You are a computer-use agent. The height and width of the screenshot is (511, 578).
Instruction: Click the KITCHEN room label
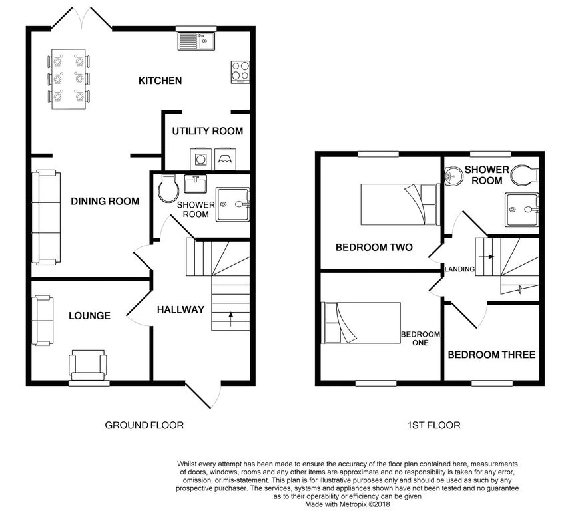160,81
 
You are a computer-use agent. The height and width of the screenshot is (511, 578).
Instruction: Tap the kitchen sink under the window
194,42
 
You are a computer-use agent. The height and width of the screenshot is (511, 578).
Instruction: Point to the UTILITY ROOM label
207,131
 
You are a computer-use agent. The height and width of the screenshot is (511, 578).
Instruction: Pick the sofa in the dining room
46,217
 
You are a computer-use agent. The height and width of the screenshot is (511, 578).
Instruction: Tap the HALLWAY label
180,309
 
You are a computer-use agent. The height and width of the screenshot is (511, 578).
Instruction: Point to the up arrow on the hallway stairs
230,316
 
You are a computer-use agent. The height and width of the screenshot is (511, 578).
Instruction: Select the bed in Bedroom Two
398,204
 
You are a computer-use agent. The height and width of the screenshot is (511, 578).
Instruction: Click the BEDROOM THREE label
491,355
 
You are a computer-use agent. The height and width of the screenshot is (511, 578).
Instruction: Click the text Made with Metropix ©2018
347,503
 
